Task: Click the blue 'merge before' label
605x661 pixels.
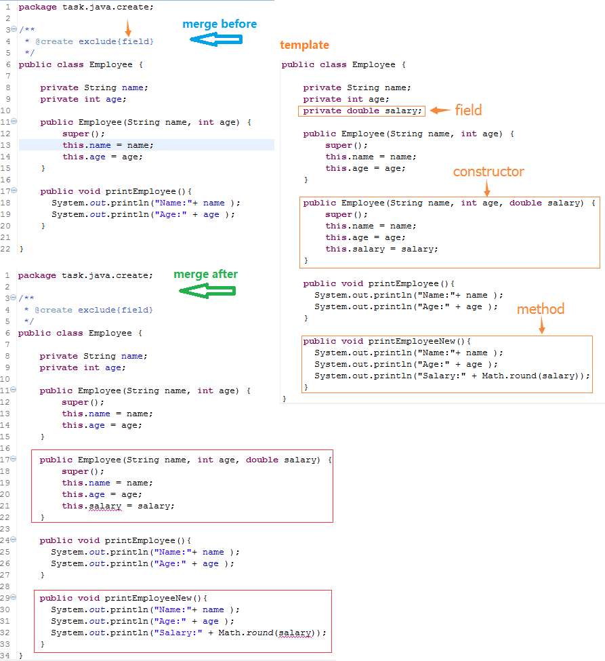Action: pyautogui.click(x=220, y=24)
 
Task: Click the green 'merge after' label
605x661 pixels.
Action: pyautogui.click(x=205, y=275)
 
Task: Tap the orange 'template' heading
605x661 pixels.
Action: pyautogui.click(x=304, y=45)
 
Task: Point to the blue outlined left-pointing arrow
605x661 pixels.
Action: pyautogui.click(x=215, y=39)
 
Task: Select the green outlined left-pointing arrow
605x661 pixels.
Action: pyautogui.click(x=207, y=291)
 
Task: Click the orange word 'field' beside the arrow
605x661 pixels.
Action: pyautogui.click(x=468, y=111)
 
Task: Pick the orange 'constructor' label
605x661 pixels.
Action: pyautogui.click(x=488, y=172)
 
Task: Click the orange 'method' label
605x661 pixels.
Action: pyautogui.click(x=541, y=309)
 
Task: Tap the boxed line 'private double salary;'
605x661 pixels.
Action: pyautogui.click(x=362, y=111)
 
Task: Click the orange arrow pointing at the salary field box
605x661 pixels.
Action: pyautogui.click(x=440, y=111)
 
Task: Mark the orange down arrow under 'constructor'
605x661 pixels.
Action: pyautogui.click(x=487, y=188)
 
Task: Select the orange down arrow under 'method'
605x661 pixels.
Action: pyautogui.click(x=542, y=325)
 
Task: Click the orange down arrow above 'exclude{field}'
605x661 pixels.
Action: pyautogui.click(x=129, y=28)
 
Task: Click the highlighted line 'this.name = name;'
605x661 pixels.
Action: pyautogui.click(x=108, y=145)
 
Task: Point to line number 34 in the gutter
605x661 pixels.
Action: pyautogui.click(x=5, y=656)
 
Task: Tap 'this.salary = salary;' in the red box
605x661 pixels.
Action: pyautogui.click(x=118, y=506)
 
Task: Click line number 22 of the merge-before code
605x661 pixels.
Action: pyautogui.click(x=5, y=249)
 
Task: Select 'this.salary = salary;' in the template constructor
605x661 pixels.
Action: pyautogui.click(x=381, y=249)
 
